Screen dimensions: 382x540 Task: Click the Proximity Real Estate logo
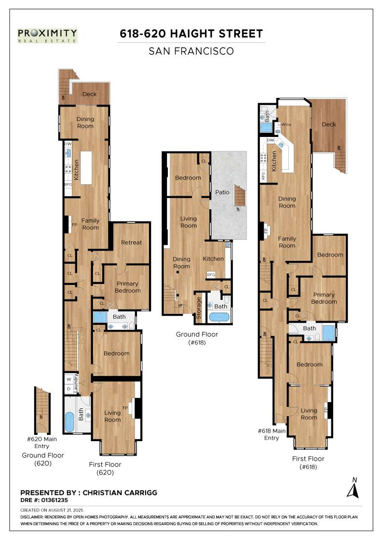coord(48,36)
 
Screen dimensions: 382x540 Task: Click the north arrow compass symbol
coord(353,488)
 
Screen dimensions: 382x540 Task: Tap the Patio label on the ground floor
coord(222,192)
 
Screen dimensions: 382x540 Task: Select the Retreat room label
coord(131,243)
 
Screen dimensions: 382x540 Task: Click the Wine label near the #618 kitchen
coord(286,124)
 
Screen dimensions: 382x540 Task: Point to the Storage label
coord(198,308)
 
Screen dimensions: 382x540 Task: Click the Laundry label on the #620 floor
coord(76,383)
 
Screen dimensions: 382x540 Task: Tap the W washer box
coord(69,379)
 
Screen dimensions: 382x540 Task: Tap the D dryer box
coord(69,389)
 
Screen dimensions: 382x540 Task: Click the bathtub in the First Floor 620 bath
coord(70,421)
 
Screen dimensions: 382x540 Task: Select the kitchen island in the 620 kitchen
coord(86,168)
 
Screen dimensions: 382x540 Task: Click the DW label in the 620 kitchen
coord(68,144)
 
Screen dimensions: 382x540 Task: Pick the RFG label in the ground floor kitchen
coord(211,274)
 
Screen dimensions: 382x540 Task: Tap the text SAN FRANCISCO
coord(191,51)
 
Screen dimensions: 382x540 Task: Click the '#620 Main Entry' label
coord(41,443)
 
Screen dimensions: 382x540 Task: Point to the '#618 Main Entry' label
coord(272,434)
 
